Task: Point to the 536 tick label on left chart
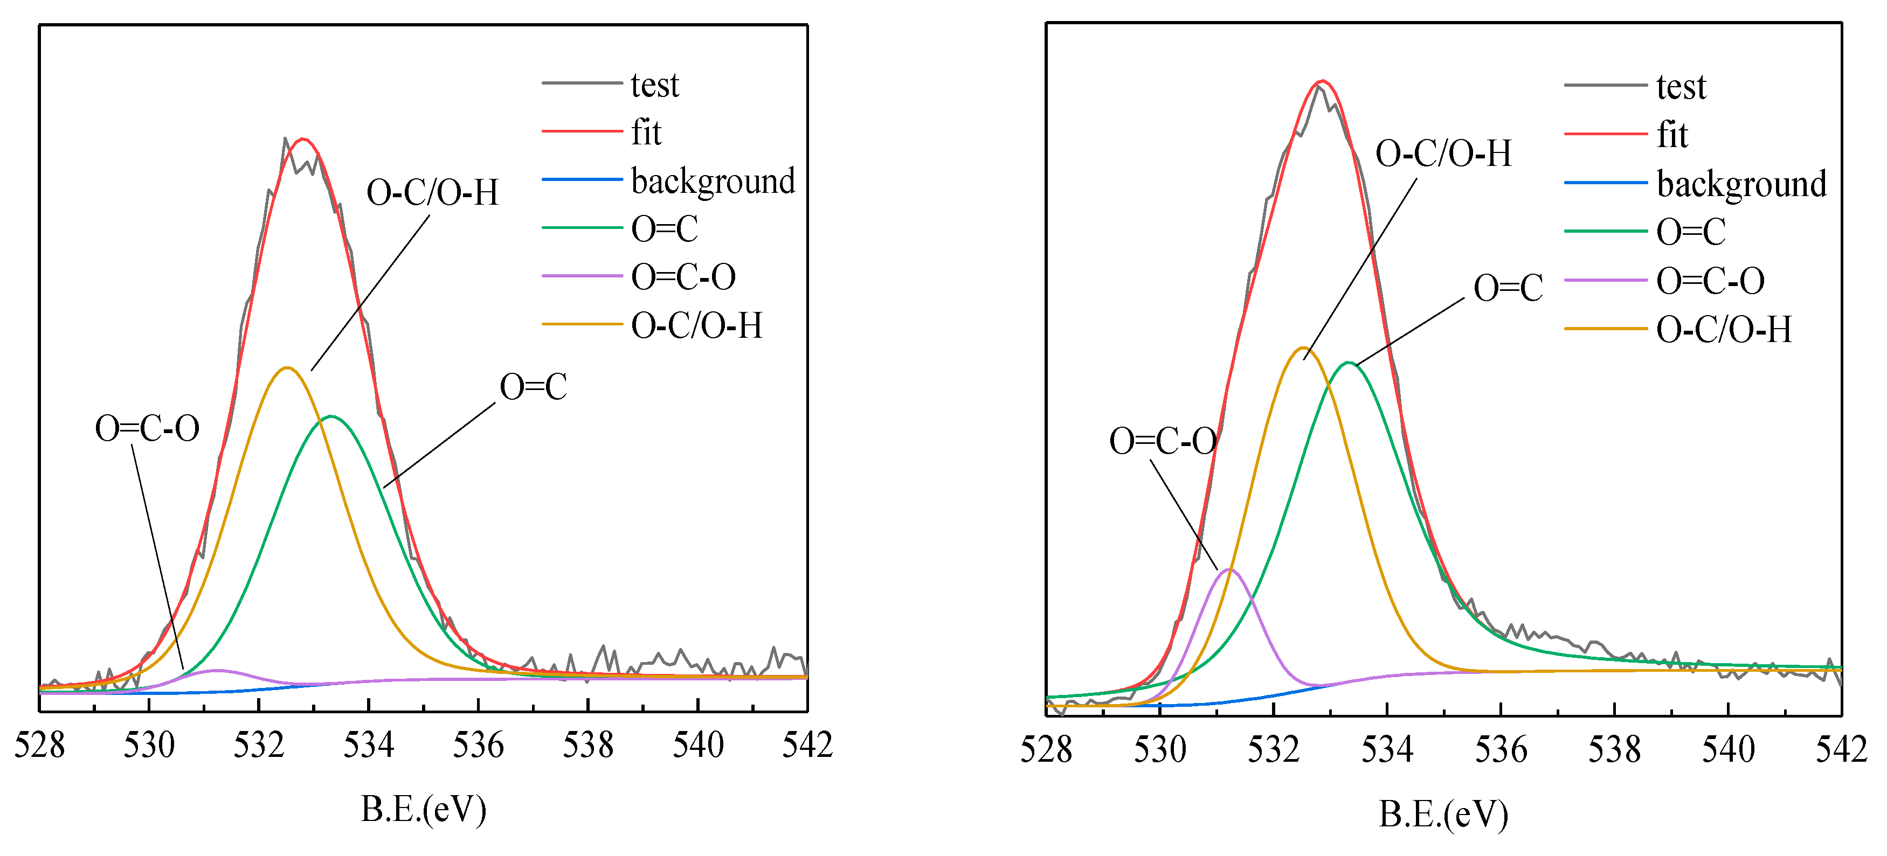pos(478,746)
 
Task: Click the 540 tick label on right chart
pos(1727,750)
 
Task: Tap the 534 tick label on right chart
pos(1387,750)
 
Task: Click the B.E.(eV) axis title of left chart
pos(424,809)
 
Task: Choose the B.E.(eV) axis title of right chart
pos(1443,813)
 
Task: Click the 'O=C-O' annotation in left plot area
pos(147,428)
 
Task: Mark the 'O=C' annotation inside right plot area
pos(1508,288)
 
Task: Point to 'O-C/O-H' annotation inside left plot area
pos(432,192)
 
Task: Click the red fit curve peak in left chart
pos(302,138)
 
